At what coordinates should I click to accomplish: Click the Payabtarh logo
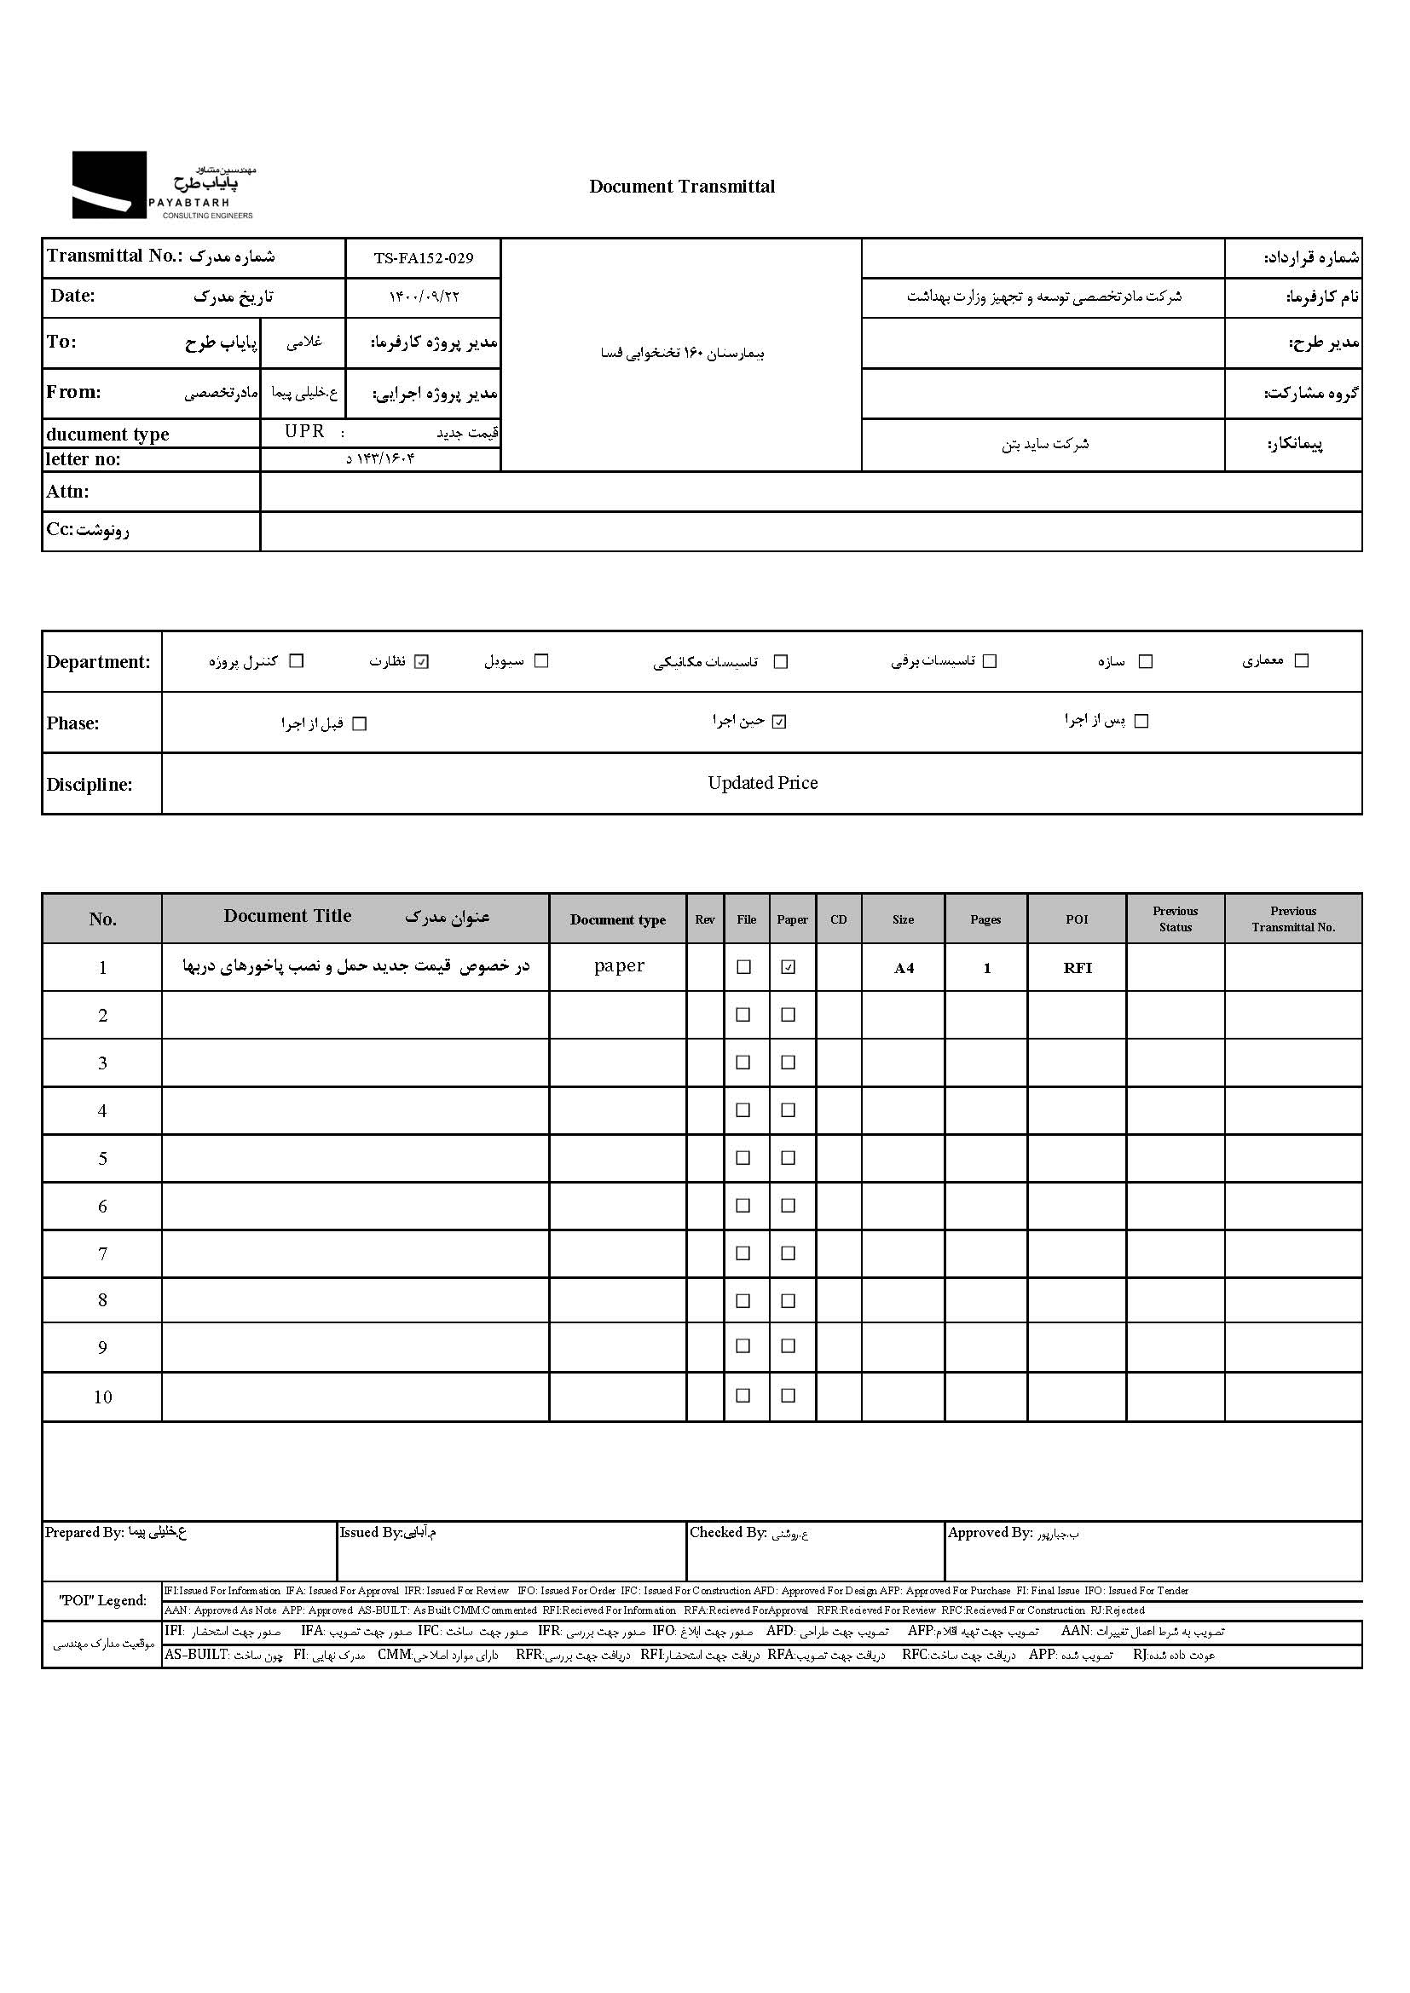(162, 185)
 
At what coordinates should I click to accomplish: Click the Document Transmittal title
(682, 187)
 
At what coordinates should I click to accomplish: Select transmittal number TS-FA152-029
(424, 258)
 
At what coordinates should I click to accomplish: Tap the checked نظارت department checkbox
(422, 661)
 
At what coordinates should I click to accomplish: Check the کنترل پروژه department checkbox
(297, 660)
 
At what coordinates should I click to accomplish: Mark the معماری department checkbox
(1302, 660)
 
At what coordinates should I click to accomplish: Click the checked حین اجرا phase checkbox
(779, 722)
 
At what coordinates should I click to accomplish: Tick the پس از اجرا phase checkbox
(1141, 722)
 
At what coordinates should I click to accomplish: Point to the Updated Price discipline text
(762, 783)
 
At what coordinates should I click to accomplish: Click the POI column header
(1077, 919)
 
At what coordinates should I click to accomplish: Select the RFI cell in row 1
(1078, 968)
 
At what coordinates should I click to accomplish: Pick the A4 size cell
(904, 968)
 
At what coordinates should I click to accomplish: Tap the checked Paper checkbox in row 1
(789, 967)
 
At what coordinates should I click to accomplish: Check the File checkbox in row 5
(743, 1158)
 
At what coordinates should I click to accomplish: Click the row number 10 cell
(102, 1397)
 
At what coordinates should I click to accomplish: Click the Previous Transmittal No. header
(1293, 919)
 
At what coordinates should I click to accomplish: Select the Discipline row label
(90, 785)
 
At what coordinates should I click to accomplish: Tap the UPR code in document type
(304, 431)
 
